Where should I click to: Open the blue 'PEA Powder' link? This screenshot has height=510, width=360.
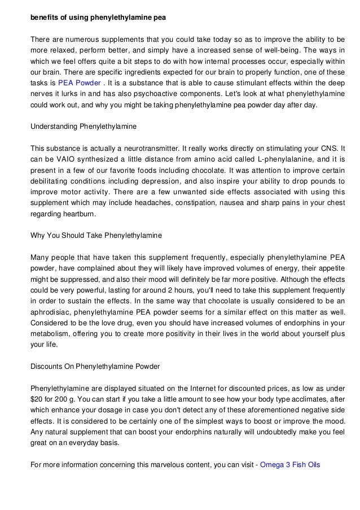coord(77,82)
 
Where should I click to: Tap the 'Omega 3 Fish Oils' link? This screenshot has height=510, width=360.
coord(290,465)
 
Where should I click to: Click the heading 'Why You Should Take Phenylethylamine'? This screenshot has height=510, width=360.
coord(96,235)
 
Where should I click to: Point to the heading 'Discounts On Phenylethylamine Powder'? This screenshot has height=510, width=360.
coord(95,367)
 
